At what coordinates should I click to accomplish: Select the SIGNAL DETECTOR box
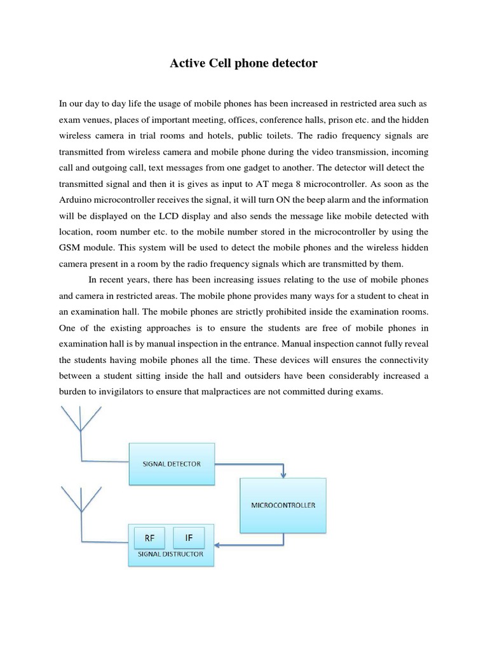(x=172, y=463)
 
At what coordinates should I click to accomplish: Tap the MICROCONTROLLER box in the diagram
(x=283, y=505)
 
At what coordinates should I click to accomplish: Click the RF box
(x=150, y=538)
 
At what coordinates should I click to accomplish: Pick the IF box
(x=189, y=538)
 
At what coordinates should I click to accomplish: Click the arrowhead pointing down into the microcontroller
(x=283, y=474)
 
